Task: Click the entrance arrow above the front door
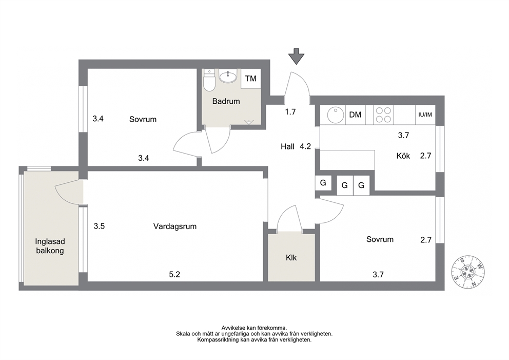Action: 297,56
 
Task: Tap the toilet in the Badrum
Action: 209,81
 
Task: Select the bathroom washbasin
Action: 228,77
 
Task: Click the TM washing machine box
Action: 250,79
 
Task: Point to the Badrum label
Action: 226,101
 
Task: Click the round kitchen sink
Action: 336,115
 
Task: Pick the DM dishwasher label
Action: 355,115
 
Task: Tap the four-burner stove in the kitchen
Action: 383,115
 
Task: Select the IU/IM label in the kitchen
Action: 425,115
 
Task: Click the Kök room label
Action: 403,156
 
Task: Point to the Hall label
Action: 288,146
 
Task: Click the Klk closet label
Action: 291,258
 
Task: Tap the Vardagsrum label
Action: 175,226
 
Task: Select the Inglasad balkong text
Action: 50,246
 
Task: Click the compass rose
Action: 467,272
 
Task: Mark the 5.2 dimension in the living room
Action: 174,275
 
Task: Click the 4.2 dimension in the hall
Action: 305,146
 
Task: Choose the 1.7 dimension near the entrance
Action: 290,112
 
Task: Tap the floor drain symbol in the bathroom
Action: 249,122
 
